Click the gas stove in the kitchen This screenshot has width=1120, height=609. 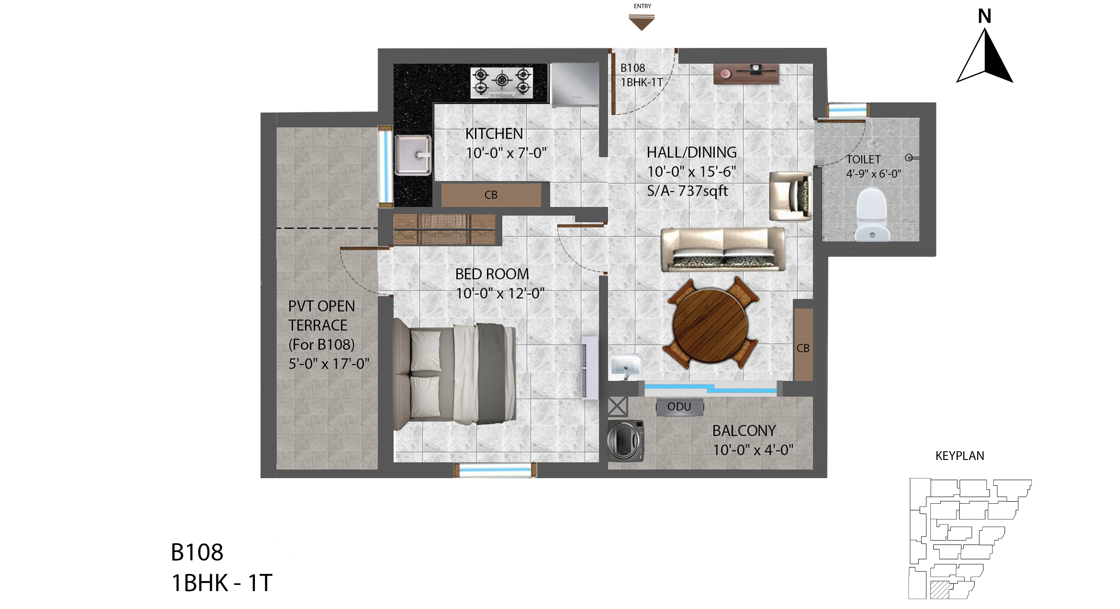[501, 82]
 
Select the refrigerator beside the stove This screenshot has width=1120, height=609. [574, 85]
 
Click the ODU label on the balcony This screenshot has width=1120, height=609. [679, 407]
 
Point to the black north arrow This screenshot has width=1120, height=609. [985, 56]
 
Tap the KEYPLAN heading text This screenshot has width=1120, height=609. [960, 456]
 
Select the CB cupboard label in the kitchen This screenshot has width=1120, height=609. [491, 195]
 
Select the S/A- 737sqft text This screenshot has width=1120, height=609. [687, 191]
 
